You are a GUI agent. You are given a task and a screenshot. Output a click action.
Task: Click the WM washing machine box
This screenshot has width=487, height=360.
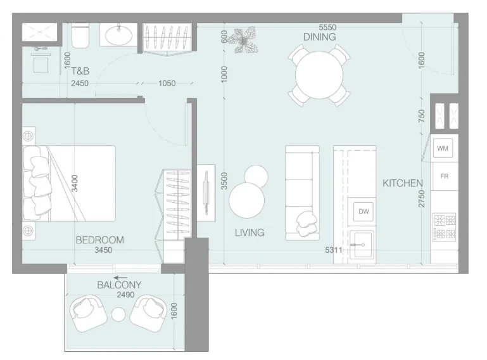click(443, 148)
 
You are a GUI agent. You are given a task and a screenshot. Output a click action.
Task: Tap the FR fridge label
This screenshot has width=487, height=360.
click(445, 177)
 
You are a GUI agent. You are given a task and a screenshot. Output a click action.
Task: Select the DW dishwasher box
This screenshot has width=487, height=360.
click(364, 212)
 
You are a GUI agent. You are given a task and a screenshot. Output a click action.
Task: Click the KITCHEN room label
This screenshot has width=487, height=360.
click(403, 183)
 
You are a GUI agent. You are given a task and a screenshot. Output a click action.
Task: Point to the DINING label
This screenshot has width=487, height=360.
click(320, 37)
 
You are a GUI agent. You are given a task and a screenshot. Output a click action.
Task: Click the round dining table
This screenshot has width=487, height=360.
click(319, 75)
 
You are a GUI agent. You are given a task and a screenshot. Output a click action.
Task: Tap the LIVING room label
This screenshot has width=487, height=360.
click(250, 233)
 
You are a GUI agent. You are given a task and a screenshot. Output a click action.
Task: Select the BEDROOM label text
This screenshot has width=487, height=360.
click(100, 240)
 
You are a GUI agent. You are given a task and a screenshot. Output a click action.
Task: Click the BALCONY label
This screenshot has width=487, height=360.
click(119, 285)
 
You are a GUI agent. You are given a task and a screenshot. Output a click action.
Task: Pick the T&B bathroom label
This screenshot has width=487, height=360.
click(80, 71)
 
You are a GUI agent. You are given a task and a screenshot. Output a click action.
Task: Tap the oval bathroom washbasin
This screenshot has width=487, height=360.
click(118, 35)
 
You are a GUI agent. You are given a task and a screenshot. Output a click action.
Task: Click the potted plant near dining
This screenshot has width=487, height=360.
click(243, 40)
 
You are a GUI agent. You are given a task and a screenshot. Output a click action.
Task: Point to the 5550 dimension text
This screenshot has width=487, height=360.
click(327, 27)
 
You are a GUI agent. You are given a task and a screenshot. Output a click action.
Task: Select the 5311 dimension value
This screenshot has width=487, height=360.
click(334, 250)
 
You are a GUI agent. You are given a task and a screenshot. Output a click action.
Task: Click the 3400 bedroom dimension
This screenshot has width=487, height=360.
click(75, 183)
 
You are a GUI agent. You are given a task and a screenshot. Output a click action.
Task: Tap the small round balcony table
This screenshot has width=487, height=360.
click(118, 315)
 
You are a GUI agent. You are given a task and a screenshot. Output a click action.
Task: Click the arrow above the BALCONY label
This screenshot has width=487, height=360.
click(120, 278)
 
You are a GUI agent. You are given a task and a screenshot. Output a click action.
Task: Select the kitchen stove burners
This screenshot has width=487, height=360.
click(445, 227)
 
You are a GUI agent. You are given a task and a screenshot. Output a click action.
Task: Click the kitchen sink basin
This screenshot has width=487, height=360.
click(362, 245)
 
